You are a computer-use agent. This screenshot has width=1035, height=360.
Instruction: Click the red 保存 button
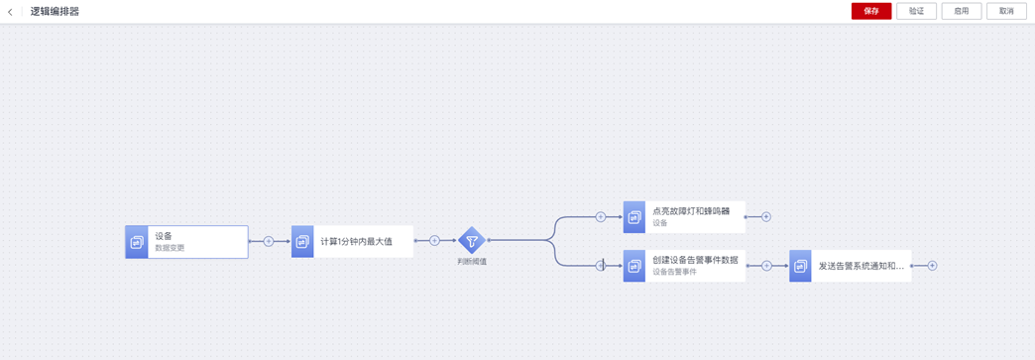[871, 11]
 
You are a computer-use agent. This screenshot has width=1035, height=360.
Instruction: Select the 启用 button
[961, 11]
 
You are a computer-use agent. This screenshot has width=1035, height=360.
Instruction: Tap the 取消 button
[1006, 11]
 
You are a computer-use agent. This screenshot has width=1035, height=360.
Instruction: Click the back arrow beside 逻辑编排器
[10, 12]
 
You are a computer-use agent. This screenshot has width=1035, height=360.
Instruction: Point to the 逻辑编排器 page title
[55, 12]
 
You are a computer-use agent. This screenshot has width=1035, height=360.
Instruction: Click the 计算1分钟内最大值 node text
[357, 242]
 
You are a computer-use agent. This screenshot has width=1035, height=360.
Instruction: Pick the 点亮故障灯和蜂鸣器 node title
[691, 212]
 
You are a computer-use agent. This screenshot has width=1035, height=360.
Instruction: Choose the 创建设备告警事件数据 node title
[695, 260]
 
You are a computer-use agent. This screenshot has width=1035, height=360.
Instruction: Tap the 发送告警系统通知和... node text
[862, 266]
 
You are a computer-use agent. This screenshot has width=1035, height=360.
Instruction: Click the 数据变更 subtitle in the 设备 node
[171, 248]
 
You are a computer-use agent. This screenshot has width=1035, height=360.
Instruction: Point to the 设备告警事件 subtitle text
[674, 272]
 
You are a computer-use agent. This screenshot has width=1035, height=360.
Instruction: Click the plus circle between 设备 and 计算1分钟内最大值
[269, 242]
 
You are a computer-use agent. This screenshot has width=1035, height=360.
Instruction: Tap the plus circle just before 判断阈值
[434, 242]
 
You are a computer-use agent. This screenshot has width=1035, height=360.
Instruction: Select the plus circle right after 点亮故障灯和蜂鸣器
[766, 216]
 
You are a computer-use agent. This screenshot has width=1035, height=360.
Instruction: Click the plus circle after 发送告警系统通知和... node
[932, 266]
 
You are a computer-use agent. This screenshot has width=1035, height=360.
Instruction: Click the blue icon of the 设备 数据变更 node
[137, 242]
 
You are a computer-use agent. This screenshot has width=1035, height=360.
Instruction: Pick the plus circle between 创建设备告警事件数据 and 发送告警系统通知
[766, 266]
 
